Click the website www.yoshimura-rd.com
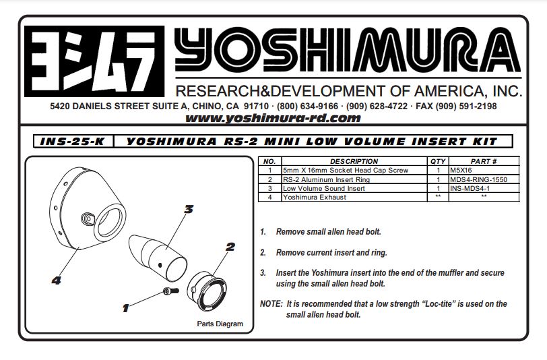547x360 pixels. pyautogui.click(x=273, y=118)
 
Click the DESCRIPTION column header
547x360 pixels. pyautogui.click(x=354, y=162)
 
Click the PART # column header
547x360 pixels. pyautogui.click(x=484, y=162)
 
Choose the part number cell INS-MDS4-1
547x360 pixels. pyautogui.click(x=472, y=189)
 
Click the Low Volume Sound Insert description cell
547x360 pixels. pyautogui.click(x=324, y=189)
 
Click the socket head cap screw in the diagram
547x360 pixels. pyautogui.click(x=169, y=291)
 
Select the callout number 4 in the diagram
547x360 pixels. pyautogui.click(x=57, y=280)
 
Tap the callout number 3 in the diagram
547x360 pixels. pyautogui.click(x=189, y=210)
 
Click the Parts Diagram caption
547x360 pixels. pyautogui.click(x=220, y=324)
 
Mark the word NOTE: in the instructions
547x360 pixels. pyautogui.click(x=271, y=304)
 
